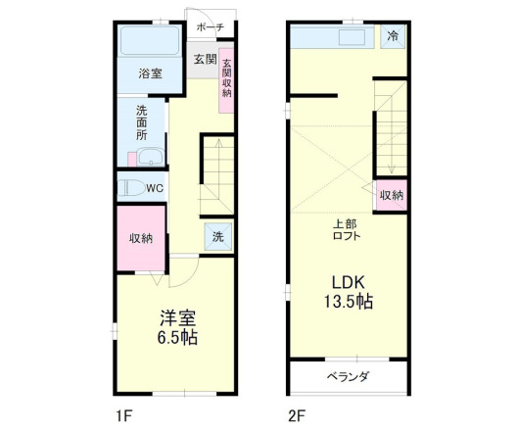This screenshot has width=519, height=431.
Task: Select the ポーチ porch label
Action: coord(210,27)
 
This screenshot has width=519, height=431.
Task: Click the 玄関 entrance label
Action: coord(205,59)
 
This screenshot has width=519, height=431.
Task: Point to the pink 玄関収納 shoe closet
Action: coord(227,79)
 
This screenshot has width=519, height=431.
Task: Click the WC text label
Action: coord(155,189)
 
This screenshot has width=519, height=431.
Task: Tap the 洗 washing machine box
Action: coord(217,236)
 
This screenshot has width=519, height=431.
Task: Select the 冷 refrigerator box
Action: coord(392,37)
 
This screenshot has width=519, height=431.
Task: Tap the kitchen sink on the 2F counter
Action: coord(350,38)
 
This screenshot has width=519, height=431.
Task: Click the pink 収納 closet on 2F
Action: coord(391,195)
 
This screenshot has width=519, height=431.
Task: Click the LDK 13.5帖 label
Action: coord(348,291)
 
